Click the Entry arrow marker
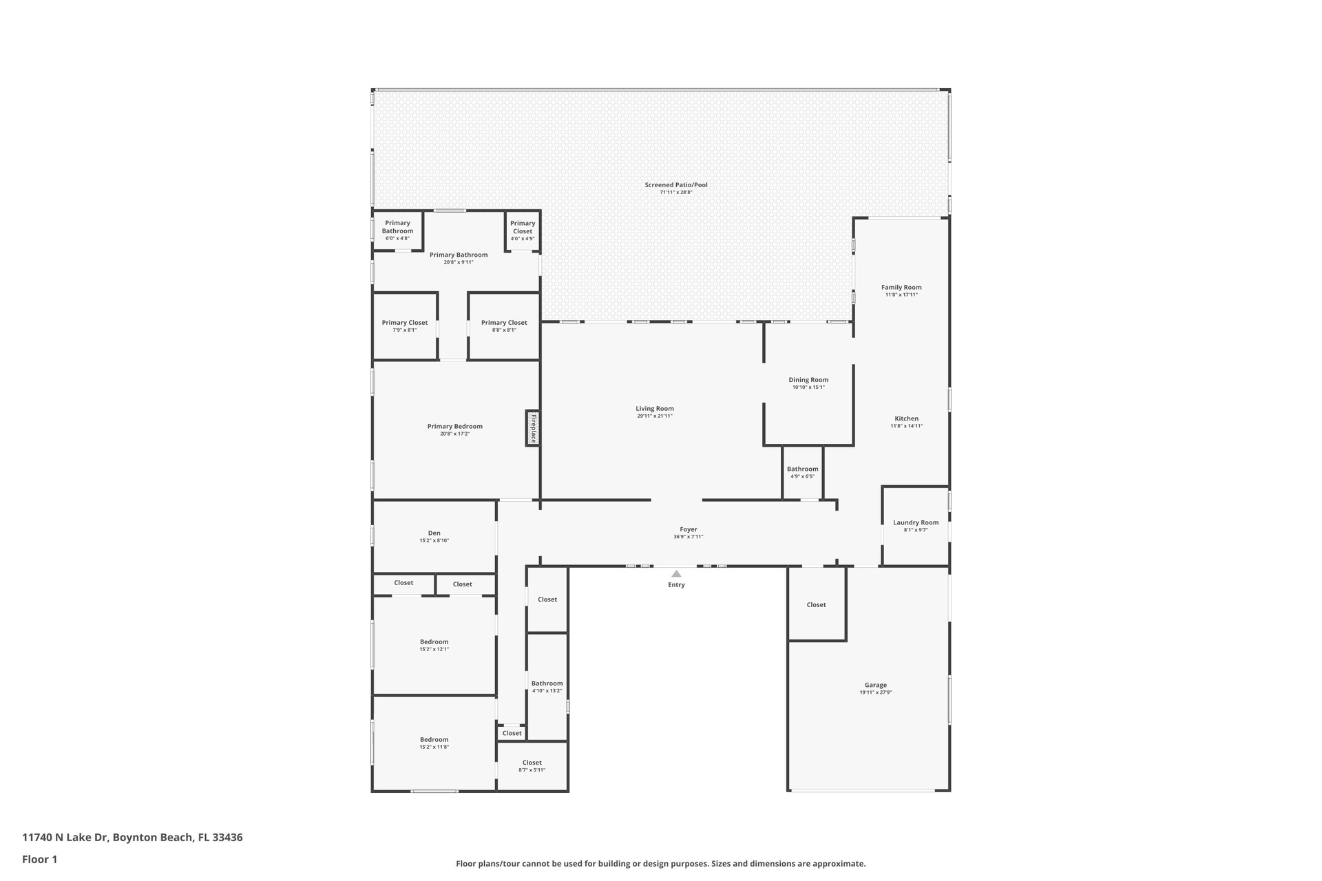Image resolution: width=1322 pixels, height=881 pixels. pyautogui.click(x=676, y=573)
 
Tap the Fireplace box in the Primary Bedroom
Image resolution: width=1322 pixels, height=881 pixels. pyautogui.click(x=533, y=428)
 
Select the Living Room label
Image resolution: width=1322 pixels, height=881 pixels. pyautogui.click(x=655, y=409)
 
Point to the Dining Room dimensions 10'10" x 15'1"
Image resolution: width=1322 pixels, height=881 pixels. pyautogui.click(x=808, y=388)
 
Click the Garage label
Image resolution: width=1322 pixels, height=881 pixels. pyautogui.click(x=876, y=685)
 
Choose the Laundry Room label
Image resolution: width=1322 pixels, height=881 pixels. pyautogui.click(x=916, y=522)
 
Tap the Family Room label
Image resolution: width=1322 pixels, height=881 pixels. pyautogui.click(x=901, y=287)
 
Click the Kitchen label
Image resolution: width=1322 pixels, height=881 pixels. pyautogui.click(x=907, y=418)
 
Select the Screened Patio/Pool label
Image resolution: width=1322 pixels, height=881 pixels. pyautogui.click(x=676, y=184)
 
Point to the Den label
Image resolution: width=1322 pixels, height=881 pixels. pyautogui.click(x=434, y=533)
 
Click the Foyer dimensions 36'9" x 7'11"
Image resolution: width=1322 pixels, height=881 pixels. pyautogui.click(x=689, y=537)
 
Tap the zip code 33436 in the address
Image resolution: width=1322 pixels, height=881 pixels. pyautogui.click(x=227, y=838)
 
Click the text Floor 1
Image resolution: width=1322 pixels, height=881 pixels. pyautogui.click(x=40, y=859)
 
